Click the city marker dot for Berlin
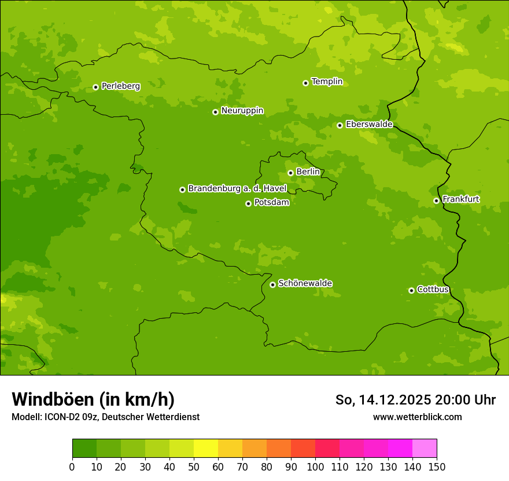(290, 173)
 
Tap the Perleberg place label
(120, 86)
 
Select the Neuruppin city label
(242, 111)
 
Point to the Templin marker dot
(305, 83)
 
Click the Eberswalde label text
(369, 125)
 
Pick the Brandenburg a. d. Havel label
(237, 189)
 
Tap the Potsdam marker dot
(248, 203)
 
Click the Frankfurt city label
(460, 199)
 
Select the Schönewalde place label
(305, 283)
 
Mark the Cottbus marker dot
(411, 290)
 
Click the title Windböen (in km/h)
(93, 399)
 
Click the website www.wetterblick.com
(417, 417)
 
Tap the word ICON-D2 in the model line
(60, 417)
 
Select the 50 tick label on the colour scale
(194, 467)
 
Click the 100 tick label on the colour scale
(315, 467)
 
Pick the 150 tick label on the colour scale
(437, 467)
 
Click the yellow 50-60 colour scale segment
(206, 449)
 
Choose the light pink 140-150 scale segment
(425, 449)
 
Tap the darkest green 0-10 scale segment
(84, 449)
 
